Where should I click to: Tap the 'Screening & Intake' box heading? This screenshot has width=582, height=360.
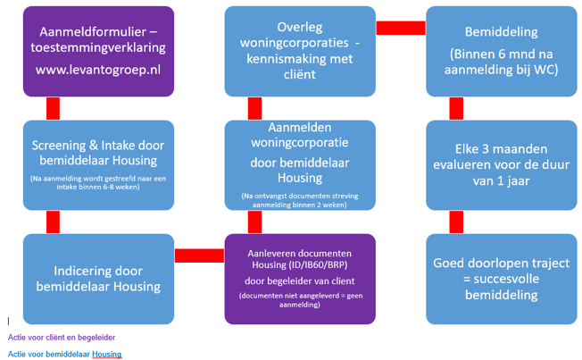[98, 153]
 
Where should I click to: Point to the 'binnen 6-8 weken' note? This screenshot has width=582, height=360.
[98, 186]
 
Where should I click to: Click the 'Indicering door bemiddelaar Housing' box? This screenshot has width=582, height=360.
[98, 277]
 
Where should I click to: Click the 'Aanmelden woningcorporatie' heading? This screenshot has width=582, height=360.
[299, 142]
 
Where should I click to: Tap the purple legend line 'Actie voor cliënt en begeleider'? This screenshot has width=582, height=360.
[62, 338]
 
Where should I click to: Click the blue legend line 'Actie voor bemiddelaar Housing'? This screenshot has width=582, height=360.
[64, 355]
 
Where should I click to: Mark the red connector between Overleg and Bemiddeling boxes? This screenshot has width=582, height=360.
[401, 28]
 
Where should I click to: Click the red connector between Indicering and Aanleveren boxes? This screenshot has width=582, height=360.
[199, 255]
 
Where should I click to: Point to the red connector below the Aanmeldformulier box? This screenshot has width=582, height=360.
[53, 107]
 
